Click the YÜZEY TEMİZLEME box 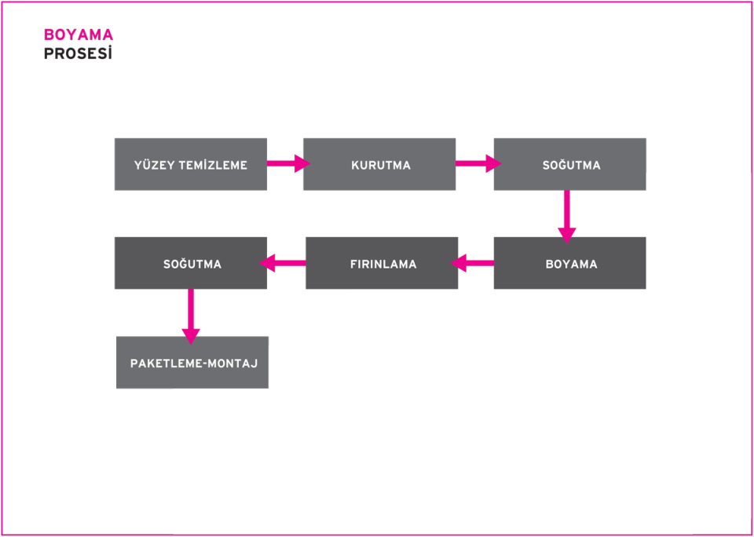(191, 164)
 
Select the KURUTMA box (379, 164)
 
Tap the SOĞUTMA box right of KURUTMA (570, 164)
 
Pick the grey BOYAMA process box (570, 264)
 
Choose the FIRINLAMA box (382, 264)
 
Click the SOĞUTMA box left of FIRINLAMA (191, 264)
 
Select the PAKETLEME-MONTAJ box (192, 363)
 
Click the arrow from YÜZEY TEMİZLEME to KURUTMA (287, 163)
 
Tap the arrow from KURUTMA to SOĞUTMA (477, 163)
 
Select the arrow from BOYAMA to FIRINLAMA (473, 263)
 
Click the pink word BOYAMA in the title (78, 35)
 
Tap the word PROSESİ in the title (78, 54)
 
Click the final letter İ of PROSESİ (110, 53)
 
